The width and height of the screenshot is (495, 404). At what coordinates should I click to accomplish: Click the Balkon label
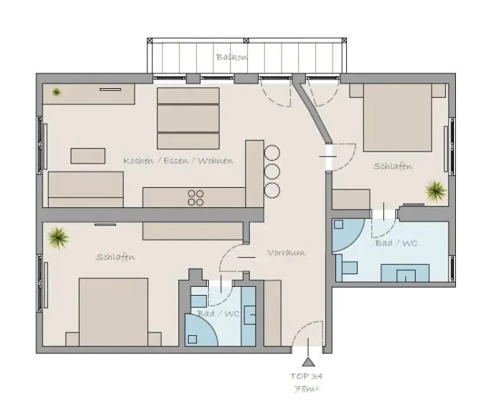[232, 57]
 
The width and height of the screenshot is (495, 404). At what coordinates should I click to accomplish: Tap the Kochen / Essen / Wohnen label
[178, 161]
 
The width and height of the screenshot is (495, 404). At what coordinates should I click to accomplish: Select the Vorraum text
[286, 253]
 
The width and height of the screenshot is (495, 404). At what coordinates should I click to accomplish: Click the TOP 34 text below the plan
[306, 376]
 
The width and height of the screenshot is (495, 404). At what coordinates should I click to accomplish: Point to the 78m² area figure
[306, 389]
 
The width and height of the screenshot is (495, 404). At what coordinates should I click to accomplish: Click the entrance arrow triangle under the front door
[308, 362]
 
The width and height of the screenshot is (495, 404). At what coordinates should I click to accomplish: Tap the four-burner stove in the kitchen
[195, 197]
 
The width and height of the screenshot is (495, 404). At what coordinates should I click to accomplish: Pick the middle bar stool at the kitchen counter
[272, 170]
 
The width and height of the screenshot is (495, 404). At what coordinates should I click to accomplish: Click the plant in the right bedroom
[435, 191]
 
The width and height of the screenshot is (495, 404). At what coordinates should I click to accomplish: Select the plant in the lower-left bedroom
[58, 237]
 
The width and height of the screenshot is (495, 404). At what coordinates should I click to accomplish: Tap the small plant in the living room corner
[57, 92]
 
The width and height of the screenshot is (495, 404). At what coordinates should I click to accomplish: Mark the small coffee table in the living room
[88, 156]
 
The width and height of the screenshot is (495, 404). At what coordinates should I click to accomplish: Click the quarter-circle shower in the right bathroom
[345, 236]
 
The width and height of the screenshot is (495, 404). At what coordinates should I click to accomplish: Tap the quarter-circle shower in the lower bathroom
[200, 332]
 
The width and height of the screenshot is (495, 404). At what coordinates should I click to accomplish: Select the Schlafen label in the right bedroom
[393, 166]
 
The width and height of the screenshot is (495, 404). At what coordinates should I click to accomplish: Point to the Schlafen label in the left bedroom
[115, 257]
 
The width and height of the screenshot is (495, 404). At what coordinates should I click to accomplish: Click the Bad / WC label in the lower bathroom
[218, 314]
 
